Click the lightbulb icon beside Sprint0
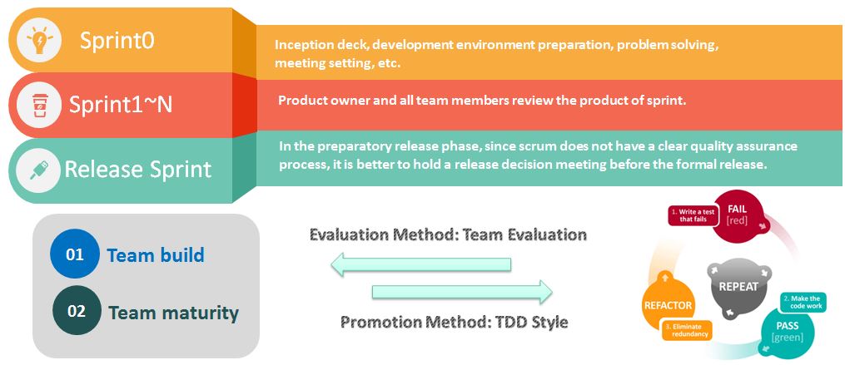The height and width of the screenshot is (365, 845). click(40, 41)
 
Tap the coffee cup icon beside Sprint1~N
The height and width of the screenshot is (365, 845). click(39, 105)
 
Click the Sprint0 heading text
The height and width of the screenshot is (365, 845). click(117, 41)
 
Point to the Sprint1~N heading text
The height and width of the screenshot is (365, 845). click(121, 105)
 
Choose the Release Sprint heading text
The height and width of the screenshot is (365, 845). click(138, 169)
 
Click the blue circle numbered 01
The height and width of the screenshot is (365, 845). click(74, 254)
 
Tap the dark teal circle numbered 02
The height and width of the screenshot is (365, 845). click(77, 311)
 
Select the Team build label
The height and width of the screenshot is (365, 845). click(156, 254)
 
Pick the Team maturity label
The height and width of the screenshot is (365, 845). click(173, 313)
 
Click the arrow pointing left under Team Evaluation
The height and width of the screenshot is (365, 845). click(420, 264)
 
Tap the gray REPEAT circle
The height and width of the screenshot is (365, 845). click(738, 285)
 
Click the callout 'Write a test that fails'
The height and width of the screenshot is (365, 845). click(693, 215)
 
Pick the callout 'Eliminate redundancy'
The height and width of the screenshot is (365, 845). click(687, 329)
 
